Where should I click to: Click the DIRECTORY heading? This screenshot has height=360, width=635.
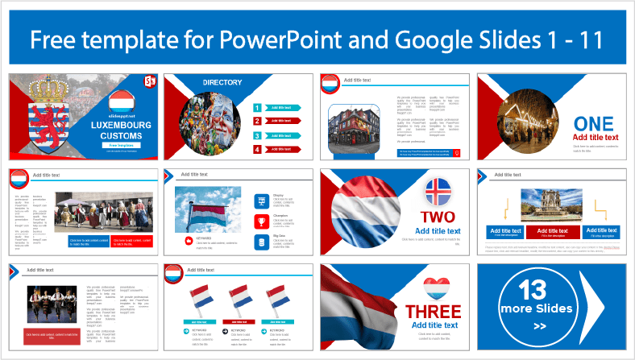click(222, 82)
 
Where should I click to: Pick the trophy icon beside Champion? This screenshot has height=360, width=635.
click(261, 221)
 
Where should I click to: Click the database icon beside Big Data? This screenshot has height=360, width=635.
click(261, 242)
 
